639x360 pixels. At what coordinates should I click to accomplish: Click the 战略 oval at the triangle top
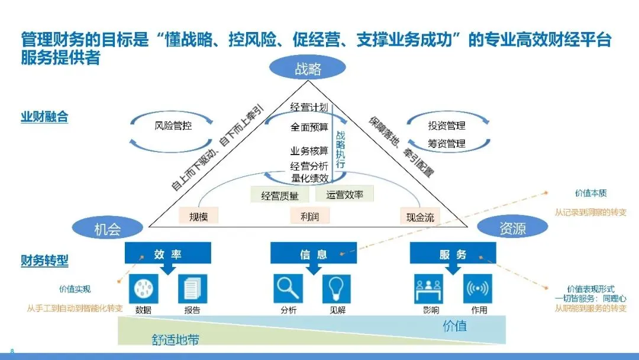click(x=308, y=69)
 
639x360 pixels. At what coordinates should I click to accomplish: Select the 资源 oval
click(x=512, y=227)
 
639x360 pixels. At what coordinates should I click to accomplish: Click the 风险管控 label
click(x=173, y=126)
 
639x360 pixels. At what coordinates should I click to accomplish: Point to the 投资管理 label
click(x=447, y=126)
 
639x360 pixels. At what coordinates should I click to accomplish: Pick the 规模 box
click(x=198, y=216)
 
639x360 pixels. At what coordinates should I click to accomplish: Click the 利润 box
click(x=309, y=216)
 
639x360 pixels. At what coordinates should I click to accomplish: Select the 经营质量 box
click(x=280, y=195)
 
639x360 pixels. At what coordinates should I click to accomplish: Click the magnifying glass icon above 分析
click(x=288, y=289)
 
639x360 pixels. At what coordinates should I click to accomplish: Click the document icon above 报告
click(x=192, y=289)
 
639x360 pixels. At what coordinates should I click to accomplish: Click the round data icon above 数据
click(x=143, y=289)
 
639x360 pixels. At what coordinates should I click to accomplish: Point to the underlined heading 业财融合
click(x=44, y=117)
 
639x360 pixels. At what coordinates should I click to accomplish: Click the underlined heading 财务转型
click(x=44, y=260)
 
